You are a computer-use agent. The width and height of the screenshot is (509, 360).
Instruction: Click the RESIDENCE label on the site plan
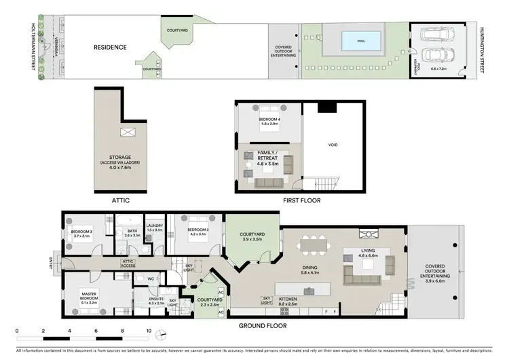[111, 48]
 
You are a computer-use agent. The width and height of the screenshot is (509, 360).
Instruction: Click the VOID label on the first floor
[333, 145]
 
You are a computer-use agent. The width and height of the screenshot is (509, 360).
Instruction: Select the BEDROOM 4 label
[269, 122]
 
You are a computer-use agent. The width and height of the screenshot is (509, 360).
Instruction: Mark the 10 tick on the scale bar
[149, 330]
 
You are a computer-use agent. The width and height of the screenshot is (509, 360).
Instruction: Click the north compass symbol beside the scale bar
[161, 334]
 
